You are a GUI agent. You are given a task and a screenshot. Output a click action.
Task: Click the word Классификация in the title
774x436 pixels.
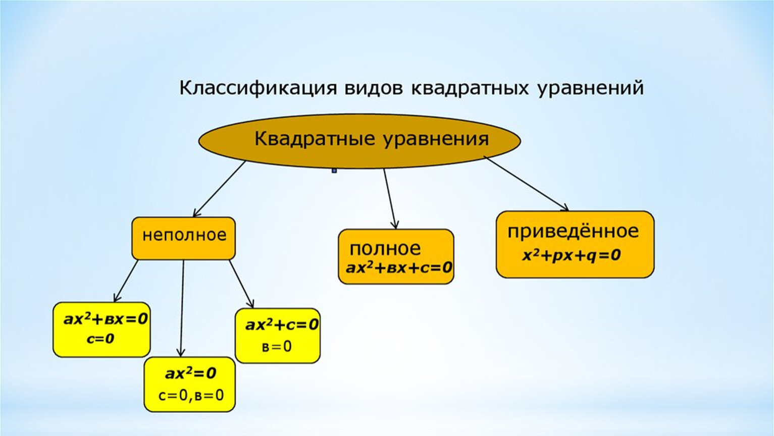point(257,88)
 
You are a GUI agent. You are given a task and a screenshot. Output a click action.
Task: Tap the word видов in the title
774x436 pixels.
point(374,88)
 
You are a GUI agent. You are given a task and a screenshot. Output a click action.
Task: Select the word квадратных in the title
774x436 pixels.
point(470,88)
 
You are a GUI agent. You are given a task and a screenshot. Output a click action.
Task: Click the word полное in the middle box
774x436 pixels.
point(385,248)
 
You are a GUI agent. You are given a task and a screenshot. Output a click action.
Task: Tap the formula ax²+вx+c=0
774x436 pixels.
point(399,267)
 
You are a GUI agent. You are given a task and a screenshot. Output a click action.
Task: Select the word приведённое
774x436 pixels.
point(573,232)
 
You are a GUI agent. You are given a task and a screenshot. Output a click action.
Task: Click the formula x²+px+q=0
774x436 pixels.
point(571,255)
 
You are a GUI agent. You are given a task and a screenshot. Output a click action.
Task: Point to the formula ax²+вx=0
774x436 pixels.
point(106,319)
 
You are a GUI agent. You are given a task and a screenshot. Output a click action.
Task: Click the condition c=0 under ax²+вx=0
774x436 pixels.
point(100,339)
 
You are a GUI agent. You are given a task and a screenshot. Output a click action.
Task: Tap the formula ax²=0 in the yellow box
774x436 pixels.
point(190,373)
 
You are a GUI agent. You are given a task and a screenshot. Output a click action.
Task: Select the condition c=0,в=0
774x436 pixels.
point(191,395)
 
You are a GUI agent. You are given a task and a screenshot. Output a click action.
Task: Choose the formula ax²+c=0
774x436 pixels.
point(282,324)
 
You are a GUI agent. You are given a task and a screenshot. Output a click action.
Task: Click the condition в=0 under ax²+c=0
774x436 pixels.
point(277,347)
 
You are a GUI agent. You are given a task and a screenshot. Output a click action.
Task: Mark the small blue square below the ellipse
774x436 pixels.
point(334,171)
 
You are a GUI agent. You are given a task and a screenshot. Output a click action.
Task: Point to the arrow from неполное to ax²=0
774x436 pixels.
point(182,308)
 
